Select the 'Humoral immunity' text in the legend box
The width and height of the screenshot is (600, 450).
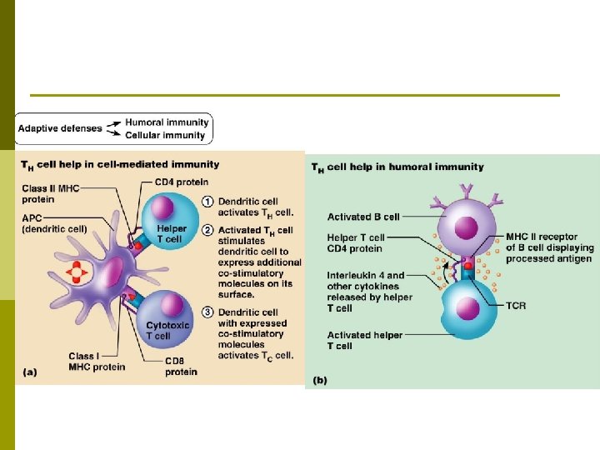click(x=167, y=122)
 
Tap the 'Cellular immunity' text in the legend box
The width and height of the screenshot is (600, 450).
click(x=165, y=135)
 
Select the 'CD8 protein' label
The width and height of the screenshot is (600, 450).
click(x=181, y=366)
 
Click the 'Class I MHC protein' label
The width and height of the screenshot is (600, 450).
click(x=73, y=361)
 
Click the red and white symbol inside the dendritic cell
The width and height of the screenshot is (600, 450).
click(x=77, y=272)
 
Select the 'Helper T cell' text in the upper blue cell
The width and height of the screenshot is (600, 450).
click(x=171, y=233)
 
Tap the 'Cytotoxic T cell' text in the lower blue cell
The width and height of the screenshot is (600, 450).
click(x=169, y=330)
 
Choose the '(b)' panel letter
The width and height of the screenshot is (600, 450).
click(x=320, y=380)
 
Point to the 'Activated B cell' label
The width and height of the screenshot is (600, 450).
click(x=363, y=217)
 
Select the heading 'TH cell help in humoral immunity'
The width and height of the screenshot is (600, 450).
click(x=397, y=167)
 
